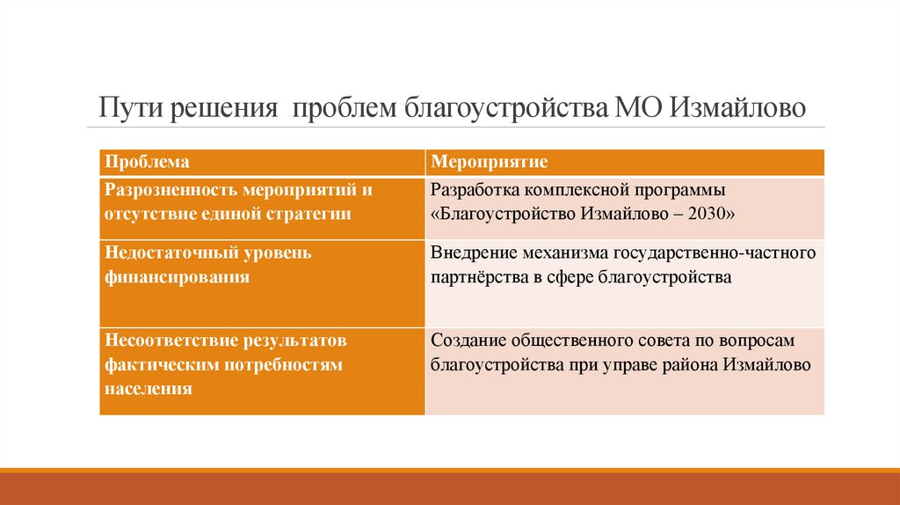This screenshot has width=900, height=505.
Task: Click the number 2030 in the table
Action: click(708, 214)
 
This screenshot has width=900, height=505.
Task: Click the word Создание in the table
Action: click(467, 340)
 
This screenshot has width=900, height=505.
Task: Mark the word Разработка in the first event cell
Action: click(475, 189)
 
